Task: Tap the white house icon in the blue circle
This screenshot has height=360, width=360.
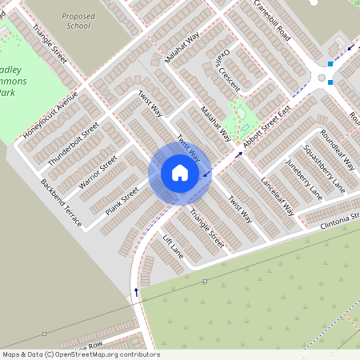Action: pos(179,173)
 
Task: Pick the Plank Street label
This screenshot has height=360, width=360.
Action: pos(122,201)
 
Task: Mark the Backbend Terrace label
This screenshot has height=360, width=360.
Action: pos(61,203)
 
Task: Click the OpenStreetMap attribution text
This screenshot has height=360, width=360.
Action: pos(80,354)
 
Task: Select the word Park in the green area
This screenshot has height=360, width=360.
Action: pos(6,94)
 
